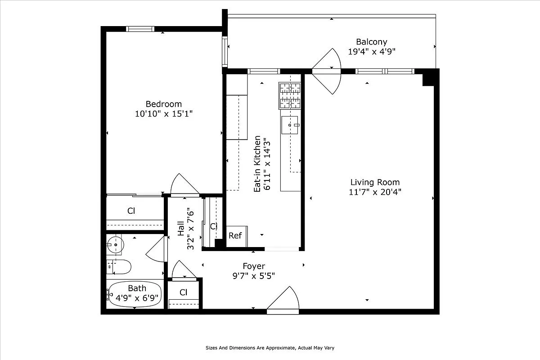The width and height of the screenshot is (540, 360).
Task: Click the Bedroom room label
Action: click(164, 104)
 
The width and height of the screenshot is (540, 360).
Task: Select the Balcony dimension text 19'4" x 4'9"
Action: click(371, 51)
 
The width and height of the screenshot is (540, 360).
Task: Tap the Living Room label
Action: click(375, 182)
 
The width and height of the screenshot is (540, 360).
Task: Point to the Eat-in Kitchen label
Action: click(257, 164)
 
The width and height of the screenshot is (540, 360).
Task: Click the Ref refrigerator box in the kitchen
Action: click(235, 236)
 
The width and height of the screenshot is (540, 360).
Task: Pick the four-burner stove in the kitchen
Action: click(290, 95)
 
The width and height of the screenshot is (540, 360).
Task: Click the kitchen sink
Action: click(290, 125)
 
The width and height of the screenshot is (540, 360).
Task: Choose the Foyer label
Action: click(254, 266)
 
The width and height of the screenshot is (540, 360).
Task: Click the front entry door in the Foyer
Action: click(283, 301)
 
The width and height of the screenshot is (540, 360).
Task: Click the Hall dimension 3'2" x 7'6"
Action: click(190, 228)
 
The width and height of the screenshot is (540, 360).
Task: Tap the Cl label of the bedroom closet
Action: click(131, 211)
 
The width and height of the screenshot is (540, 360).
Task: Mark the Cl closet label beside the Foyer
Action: click(183, 292)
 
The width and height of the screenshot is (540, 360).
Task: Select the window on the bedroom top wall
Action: click(140, 29)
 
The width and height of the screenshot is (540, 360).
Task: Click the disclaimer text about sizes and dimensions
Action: click(270, 348)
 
